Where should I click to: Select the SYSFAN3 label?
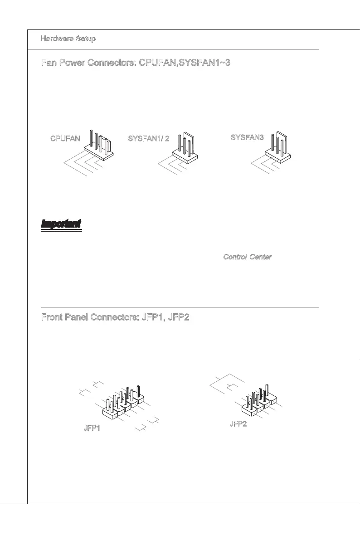click(x=247, y=137)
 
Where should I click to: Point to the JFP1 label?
click(x=92, y=428)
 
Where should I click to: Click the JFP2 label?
click(x=238, y=424)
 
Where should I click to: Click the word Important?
click(x=61, y=224)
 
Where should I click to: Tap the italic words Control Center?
click(x=247, y=257)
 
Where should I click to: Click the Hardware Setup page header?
click(x=68, y=39)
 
